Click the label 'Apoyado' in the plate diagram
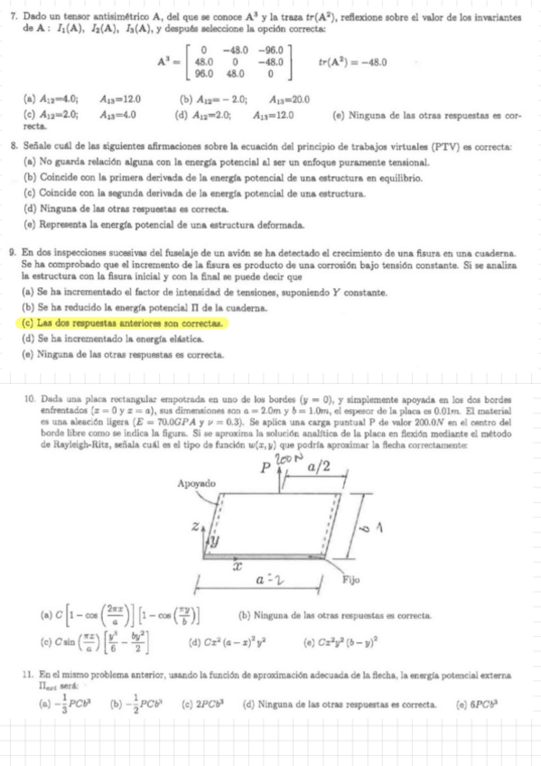click(x=197, y=484)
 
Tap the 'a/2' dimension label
click(x=319, y=467)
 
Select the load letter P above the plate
click(x=266, y=470)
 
